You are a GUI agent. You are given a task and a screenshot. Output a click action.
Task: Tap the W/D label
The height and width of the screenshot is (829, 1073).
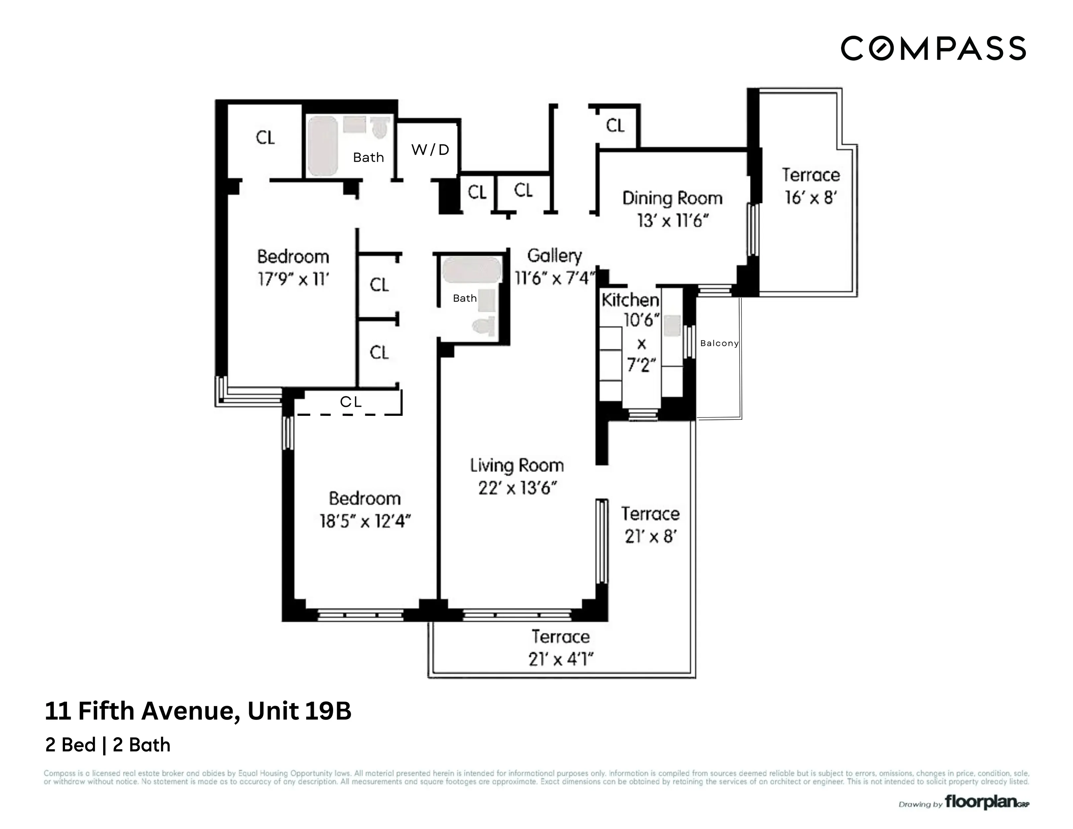[x=430, y=150]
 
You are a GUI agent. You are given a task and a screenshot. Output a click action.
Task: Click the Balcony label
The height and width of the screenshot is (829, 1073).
[x=719, y=343]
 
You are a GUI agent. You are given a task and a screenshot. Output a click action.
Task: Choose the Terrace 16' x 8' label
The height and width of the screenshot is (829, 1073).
[x=810, y=186]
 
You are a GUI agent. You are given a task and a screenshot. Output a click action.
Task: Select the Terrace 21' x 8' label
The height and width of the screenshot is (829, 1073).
[x=650, y=525]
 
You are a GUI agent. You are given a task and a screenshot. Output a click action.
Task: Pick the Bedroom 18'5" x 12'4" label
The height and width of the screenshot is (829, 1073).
[x=365, y=509]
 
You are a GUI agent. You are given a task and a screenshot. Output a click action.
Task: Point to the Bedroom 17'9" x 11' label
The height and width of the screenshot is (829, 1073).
[x=293, y=268]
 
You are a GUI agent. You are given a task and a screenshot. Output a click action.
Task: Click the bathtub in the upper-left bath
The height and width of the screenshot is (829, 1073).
[x=322, y=146]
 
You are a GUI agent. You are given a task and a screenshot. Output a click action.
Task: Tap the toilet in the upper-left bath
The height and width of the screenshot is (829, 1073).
[x=379, y=128]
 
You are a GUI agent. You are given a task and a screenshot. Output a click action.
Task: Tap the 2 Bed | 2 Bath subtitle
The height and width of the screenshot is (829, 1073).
[x=107, y=745]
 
